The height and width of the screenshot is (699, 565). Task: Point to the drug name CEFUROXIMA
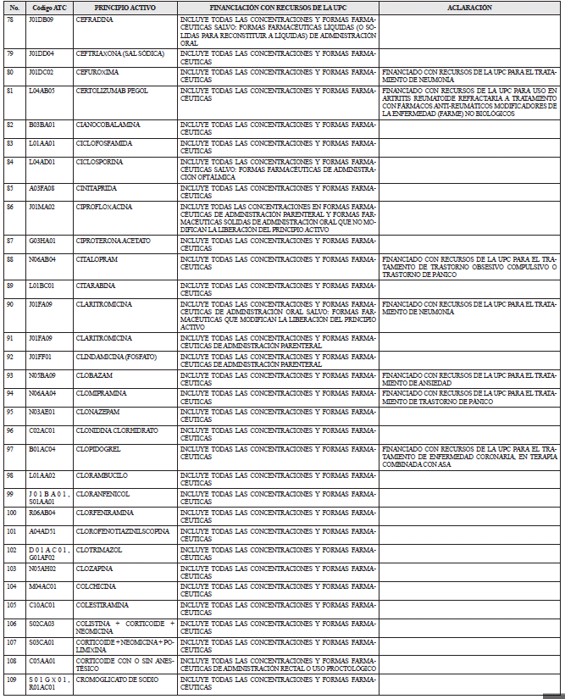point(95,72)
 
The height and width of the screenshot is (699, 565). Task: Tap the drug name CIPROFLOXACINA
point(103,206)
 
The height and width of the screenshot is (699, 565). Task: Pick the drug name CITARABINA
point(94,285)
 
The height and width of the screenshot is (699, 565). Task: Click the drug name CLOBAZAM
point(92,374)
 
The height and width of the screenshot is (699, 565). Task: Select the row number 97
point(9,448)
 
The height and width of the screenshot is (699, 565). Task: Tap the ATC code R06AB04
point(42,512)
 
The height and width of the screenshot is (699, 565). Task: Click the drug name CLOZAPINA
point(93,569)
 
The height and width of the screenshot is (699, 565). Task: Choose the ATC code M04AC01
point(42,586)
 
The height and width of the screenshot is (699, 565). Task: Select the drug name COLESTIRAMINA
point(102,604)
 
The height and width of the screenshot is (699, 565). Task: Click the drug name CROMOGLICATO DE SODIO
point(116,679)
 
